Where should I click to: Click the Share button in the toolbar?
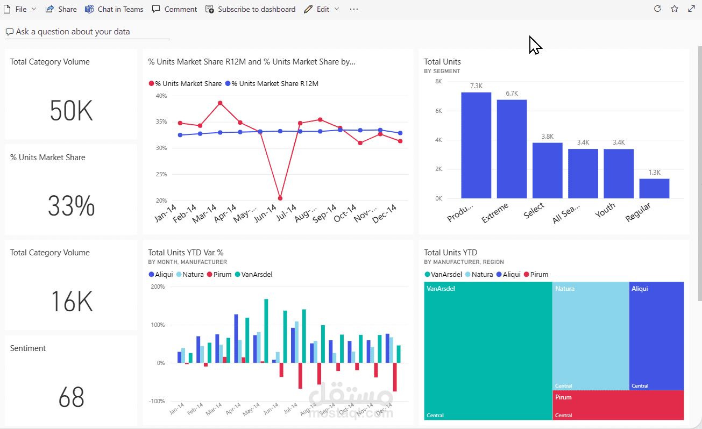pyautogui.click(x=61, y=9)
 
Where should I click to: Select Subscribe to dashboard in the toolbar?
pyautogui.click(x=251, y=9)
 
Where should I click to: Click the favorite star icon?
pyautogui.click(x=675, y=9)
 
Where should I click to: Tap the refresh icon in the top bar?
pyautogui.click(x=657, y=9)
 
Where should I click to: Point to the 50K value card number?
pyautogui.click(x=71, y=111)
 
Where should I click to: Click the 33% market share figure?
pyautogui.click(x=71, y=206)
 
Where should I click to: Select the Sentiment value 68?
pyautogui.click(x=71, y=397)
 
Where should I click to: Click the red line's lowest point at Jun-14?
pyautogui.click(x=280, y=198)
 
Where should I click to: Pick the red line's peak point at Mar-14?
pyautogui.click(x=220, y=103)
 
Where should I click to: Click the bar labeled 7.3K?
pyautogui.click(x=476, y=145)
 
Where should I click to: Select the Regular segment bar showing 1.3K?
pyautogui.click(x=654, y=189)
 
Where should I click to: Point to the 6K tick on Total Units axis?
pyautogui.click(x=438, y=111)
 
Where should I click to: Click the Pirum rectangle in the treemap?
pyautogui.click(x=618, y=405)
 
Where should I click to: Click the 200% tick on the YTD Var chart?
pyautogui.click(x=158, y=287)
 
